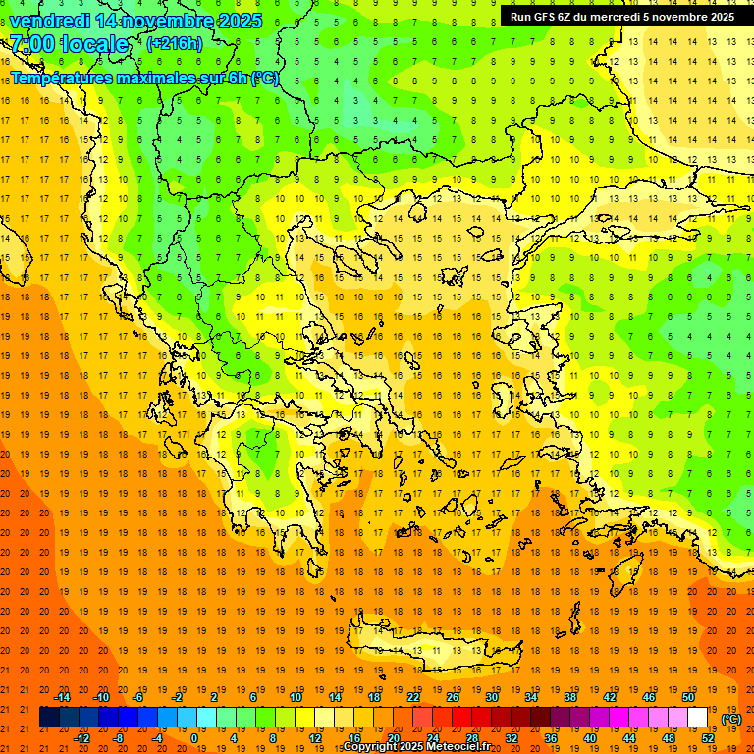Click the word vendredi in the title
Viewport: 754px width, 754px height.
pyautogui.click(x=49, y=21)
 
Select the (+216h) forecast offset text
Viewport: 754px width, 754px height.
pyautogui.click(x=175, y=43)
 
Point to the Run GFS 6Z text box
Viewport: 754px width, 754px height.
pyautogui.click(x=621, y=16)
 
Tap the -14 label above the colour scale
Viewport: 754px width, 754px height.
pyautogui.click(x=63, y=697)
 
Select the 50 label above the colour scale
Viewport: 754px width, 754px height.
pyautogui.click(x=687, y=697)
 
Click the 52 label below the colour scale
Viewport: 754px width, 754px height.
pyautogui.click(x=707, y=738)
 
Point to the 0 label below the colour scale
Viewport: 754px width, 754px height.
pyautogui.click(x=194, y=738)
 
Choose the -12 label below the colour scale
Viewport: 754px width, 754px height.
pyautogui.click(x=81, y=738)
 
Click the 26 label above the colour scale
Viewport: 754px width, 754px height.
pyautogui.click(x=453, y=697)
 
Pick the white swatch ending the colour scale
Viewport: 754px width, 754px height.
pyautogui.click(x=697, y=718)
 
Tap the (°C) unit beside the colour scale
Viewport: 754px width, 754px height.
pyautogui.click(x=730, y=719)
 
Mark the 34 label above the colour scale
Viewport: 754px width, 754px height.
pyautogui.click(x=531, y=697)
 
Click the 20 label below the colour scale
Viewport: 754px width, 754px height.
pyautogui.click(x=393, y=738)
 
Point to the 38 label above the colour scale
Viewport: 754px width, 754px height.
pyautogui.click(x=569, y=697)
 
